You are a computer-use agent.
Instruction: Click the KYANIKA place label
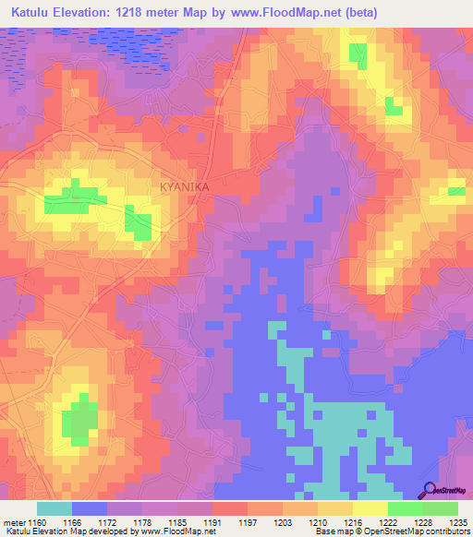point(185,186)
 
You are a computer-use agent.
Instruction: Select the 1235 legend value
point(458,522)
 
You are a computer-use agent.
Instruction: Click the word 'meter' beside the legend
point(15,522)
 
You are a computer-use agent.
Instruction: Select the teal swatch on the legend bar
point(54,508)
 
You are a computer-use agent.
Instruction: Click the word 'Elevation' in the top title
point(98,10)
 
